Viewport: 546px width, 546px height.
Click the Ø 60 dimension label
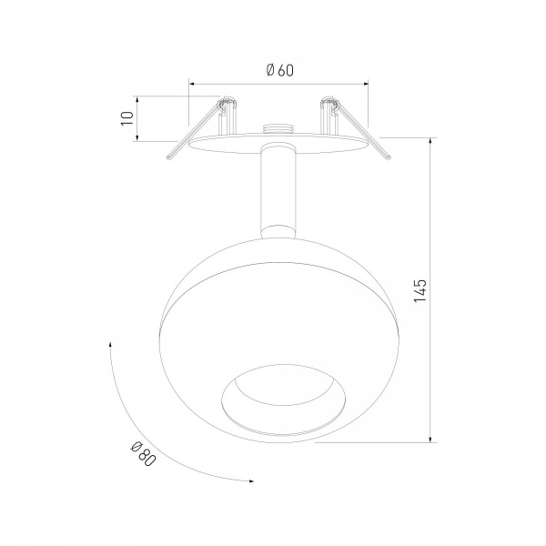coord(280,70)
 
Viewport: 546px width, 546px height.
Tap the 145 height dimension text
coord(420,290)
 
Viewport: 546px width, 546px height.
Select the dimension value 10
coord(127,118)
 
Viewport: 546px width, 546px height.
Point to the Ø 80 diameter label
coord(143,453)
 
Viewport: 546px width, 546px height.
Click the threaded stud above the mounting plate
coord(278,128)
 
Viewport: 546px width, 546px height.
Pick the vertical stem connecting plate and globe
coord(278,190)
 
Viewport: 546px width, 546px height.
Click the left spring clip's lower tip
coord(169,157)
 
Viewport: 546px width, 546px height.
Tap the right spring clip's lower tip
coord(389,157)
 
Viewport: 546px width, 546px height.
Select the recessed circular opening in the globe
coord(284,399)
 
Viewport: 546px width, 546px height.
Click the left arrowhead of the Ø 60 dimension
coord(191,84)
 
